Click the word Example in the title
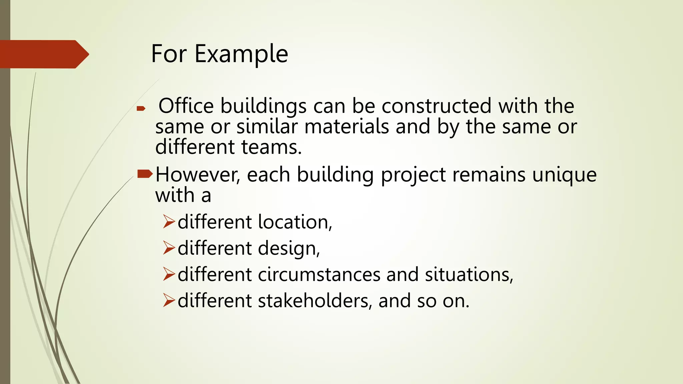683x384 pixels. (x=241, y=54)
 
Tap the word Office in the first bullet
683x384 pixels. (x=186, y=106)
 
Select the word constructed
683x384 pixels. (x=437, y=106)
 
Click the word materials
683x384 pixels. (x=347, y=127)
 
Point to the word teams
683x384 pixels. (x=271, y=147)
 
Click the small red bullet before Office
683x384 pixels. (x=141, y=108)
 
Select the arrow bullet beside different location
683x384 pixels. (x=169, y=222)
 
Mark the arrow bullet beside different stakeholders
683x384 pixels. (x=169, y=301)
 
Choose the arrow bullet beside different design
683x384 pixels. (x=169, y=248)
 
